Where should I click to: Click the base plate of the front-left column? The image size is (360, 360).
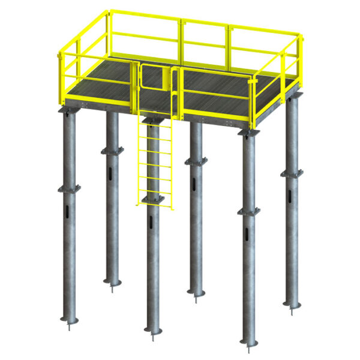click(67, 319)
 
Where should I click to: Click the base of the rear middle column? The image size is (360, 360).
click(196, 292)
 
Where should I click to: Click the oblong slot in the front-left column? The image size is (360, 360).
click(65, 213)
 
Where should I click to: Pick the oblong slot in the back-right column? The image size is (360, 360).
click(290, 197)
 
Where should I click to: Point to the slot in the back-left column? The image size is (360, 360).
click(112, 175)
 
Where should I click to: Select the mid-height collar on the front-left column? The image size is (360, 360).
click(68, 188)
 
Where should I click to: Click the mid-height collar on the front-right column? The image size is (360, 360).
click(248, 211)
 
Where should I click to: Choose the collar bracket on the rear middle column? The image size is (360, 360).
click(196, 161)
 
